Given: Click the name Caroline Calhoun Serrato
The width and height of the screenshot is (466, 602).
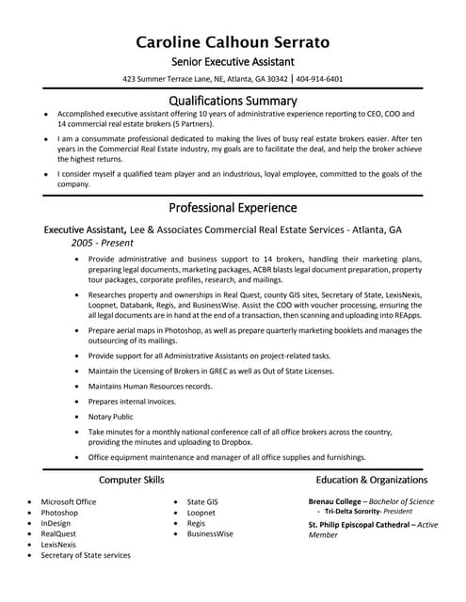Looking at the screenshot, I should (x=233, y=41).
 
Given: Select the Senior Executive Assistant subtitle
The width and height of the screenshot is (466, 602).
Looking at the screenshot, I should (x=233, y=61).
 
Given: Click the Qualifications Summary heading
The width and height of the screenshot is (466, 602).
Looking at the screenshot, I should (x=233, y=100).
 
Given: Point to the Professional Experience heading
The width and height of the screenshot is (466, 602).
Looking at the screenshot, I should (x=233, y=207).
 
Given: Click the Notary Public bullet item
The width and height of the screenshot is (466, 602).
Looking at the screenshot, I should (x=111, y=417).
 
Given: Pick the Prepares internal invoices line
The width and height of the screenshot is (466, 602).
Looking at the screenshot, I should (x=132, y=402).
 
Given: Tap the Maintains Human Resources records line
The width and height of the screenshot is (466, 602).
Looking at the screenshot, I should (x=150, y=387).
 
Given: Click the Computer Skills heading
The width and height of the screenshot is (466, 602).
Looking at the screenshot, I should (x=131, y=481).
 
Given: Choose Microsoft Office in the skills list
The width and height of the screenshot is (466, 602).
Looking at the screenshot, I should (x=69, y=502).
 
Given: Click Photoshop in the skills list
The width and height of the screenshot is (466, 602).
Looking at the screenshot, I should (x=59, y=513).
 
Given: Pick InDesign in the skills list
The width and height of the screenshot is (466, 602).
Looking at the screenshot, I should (x=56, y=523).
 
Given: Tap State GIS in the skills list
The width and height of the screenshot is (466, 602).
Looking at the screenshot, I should (x=202, y=502).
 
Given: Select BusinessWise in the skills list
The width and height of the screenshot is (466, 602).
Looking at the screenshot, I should (x=210, y=533).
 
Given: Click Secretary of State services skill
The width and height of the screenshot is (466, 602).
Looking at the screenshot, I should (x=86, y=555).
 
